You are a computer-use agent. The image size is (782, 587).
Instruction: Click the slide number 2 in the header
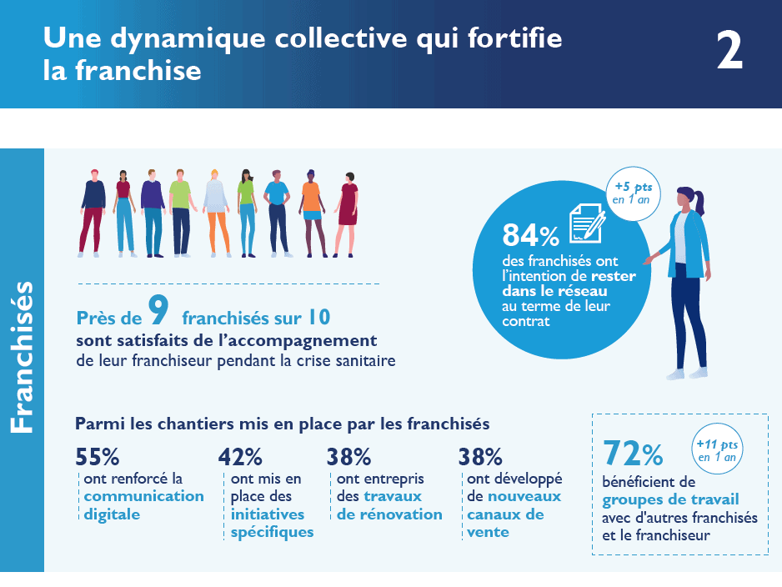tap(729, 53)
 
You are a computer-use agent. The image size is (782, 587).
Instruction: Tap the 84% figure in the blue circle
tap(530, 236)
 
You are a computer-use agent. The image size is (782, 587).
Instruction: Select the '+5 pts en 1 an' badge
tap(631, 193)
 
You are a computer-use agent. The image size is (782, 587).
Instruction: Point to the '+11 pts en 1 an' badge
tap(717, 450)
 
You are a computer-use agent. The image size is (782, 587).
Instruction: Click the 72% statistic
tap(633, 454)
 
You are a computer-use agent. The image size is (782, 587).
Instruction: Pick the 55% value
tap(98, 457)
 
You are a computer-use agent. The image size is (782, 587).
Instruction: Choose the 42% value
tap(240, 457)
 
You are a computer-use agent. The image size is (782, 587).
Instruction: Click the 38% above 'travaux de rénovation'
tap(348, 457)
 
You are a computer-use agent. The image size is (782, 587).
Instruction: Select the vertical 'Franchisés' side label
tap(22, 357)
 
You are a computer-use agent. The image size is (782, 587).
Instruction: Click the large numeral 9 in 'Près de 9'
tap(158, 311)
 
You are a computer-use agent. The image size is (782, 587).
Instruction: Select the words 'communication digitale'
tap(143, 505)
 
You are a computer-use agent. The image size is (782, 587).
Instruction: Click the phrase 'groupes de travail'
tap(669, 500)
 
